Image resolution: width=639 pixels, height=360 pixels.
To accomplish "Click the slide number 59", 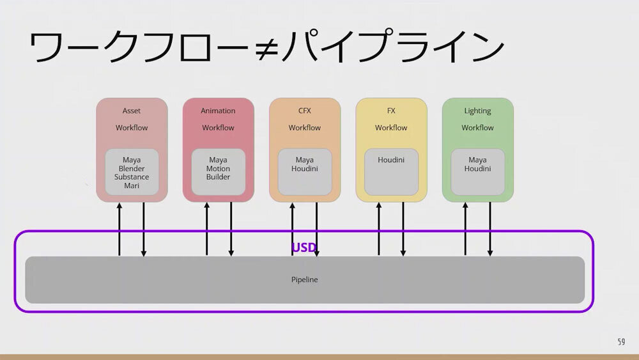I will [x=621, y=342].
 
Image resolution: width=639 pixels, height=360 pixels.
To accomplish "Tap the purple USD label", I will [x=304, y=247].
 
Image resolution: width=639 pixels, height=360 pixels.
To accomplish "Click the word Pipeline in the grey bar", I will [x=304, y=279].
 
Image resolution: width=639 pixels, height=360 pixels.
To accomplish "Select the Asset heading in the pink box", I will [x=132, y=111].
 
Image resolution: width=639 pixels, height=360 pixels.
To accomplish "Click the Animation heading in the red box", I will [x=218, y=111].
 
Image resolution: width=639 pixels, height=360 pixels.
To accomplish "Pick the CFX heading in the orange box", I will [x=304, y=111].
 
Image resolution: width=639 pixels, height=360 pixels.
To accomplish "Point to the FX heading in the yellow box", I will [x=391, y=111].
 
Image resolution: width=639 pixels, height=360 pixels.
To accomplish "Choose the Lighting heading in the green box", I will [x=477, y=111].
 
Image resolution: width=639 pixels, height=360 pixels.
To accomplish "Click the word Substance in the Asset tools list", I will [x=132, y=177].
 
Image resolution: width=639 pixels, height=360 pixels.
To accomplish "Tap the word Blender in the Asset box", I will [x=132, y=169].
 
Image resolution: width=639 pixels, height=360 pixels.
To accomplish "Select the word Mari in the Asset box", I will [x=132, y=186].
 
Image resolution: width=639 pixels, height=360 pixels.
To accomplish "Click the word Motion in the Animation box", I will [x=218, y=169].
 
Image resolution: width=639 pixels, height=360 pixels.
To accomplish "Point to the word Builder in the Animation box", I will [x=218, y=177].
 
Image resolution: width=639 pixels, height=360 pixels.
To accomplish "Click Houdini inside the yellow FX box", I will [x=391, y=160].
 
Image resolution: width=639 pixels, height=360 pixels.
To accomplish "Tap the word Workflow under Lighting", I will [x=477, y=128].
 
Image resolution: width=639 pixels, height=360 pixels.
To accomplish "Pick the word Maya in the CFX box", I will [x=304, y=160].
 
